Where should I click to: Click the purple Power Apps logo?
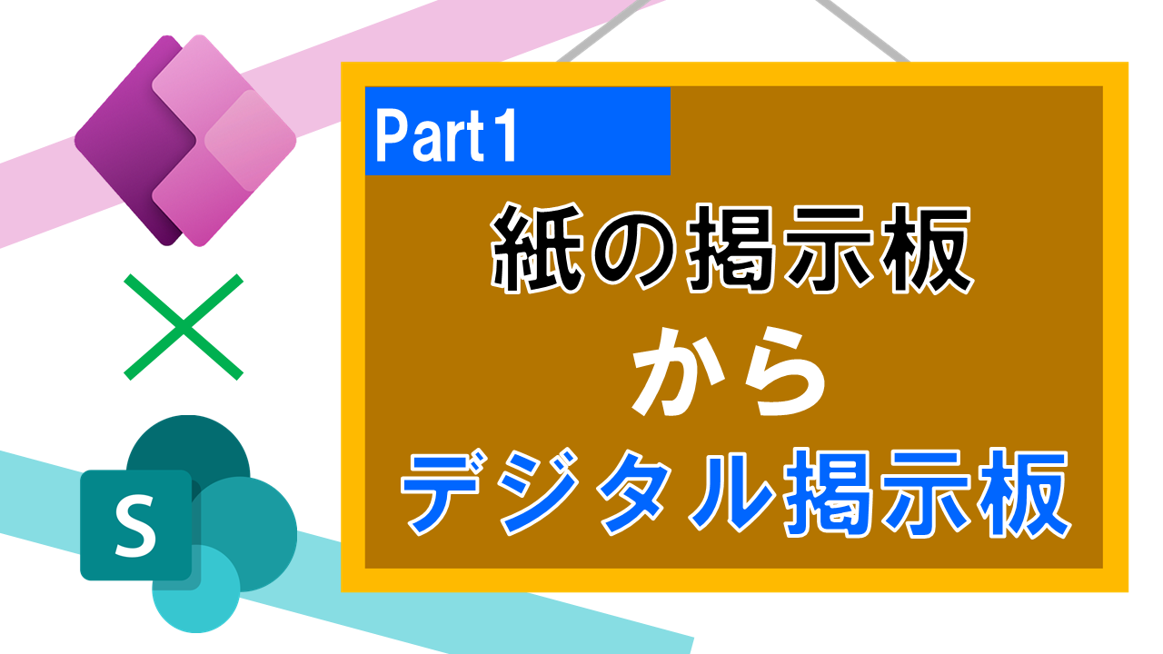184,140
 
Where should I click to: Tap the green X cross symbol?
184,327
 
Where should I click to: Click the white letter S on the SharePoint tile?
135,525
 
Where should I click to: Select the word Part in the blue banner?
430,137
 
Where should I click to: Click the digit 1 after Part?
502,136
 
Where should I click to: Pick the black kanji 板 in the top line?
928,248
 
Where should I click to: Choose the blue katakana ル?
733,493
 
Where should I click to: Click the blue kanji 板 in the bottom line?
1023,492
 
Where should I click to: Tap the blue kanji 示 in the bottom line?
926,492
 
